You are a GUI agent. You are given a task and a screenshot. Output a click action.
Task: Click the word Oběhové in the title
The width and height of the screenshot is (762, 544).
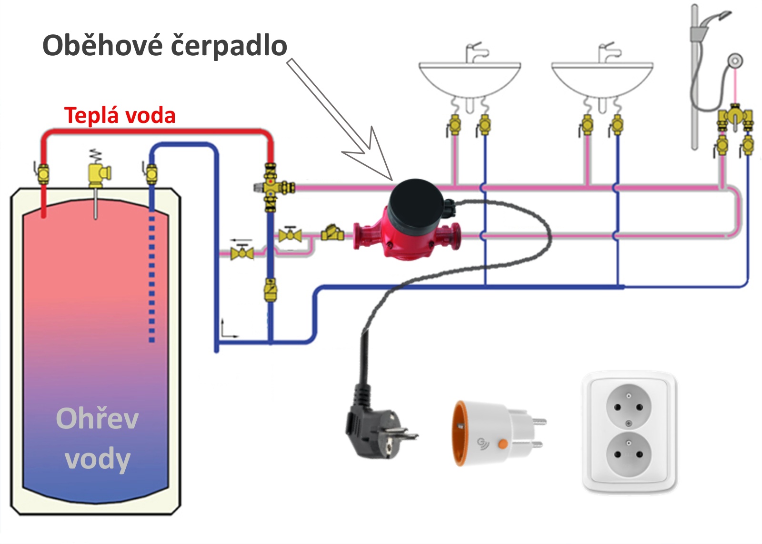pos(102,45)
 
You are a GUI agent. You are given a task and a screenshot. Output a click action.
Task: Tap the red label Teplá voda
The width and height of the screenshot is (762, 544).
pos(120,115)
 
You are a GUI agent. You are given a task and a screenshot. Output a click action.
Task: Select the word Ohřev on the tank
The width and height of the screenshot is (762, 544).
pos(97,418)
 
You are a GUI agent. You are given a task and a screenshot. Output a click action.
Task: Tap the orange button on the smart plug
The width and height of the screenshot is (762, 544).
pos(503,443)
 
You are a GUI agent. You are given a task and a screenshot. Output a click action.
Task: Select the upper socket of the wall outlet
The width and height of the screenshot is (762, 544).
pos(629,407)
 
